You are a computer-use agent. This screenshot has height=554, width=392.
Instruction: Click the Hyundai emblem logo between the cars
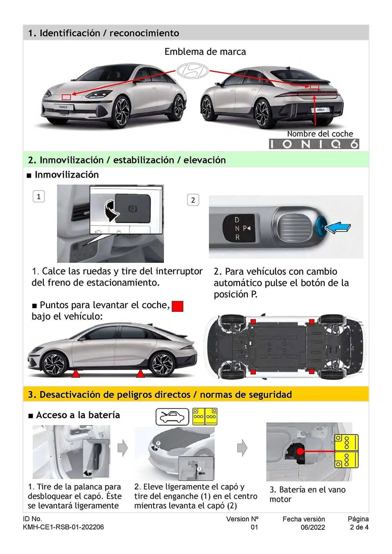tap(193, 70)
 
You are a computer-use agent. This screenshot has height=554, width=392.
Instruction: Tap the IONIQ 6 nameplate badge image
tap(314, 144)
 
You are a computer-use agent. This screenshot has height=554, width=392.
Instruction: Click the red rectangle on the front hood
tap(66, 97)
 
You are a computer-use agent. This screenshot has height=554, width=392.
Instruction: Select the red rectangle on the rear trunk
tap(314, 87)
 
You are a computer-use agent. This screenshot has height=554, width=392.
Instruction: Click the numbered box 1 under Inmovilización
tap(39, 197)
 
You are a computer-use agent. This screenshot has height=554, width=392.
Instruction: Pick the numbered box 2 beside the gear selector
tap(193, 200)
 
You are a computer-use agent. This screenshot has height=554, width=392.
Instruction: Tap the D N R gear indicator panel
tap(239, 228)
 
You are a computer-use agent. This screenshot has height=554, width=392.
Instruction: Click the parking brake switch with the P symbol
tap(133, 208)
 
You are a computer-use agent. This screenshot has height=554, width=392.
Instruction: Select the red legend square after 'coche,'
tap(177, 306)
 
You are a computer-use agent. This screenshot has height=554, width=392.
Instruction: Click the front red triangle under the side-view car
tap(76, 374)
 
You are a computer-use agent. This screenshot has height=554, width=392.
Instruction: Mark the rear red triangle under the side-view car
tap(140, 374)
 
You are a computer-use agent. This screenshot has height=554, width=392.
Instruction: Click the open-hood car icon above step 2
tap(172, 417)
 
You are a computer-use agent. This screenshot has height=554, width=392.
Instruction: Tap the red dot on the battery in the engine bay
tap(300, 451)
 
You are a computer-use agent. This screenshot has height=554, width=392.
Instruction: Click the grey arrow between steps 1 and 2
tap(123, 448)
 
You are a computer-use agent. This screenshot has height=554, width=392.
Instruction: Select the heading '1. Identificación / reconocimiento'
tap(103, 33)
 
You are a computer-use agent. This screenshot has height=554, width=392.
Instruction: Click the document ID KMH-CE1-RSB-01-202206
tap(63, 527)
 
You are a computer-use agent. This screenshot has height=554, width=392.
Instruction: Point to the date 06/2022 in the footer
tap(313, 527)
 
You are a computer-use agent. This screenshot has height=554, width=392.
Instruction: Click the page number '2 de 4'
tap(359, 527)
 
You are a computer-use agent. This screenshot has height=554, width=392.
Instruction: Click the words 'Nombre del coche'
tap(320, 134)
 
